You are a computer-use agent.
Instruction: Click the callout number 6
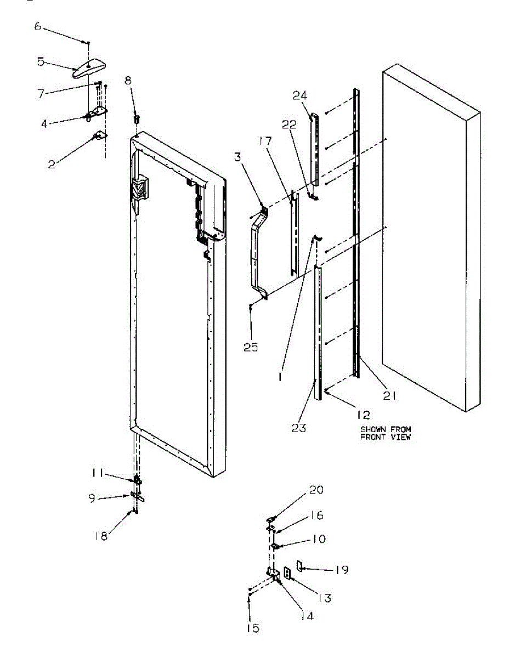pyautogui.click(x=38, y=26)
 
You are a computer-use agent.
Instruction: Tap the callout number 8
pyautogui.click(x=128, y=81)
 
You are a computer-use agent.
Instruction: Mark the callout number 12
pyautogui.click(x=363, y=415)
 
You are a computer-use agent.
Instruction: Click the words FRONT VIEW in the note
pyautogui.click(x=385, y=437)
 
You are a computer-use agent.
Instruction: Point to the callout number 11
pyautogui.click(x=98, y=472)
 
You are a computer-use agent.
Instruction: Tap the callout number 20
pyautogui.click(x=317, y=490)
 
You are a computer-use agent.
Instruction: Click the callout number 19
pyautogui.click(x=341, y=570)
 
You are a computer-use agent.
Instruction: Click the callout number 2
pyautogui.click(x=52, y=164)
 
